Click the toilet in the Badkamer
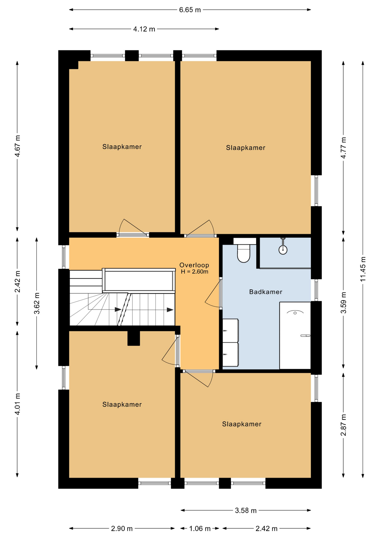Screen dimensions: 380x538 [x=243, y=253]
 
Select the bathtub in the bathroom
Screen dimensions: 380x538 [x=295, y=335]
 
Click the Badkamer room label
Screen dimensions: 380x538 [x=266, y=292]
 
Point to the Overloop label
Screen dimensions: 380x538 [x=194, y=265]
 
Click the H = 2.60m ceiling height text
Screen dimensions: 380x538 [x=194, y=272]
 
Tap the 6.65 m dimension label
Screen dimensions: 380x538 [x=190, y=10]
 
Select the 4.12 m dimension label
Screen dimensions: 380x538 [x=144, y=29]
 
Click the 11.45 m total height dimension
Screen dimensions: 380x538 [x=363, y=269]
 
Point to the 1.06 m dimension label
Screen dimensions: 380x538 [x=200, y=528]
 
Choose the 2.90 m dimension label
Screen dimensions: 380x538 [x=122, y=528]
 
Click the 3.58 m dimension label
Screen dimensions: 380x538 [x=246, y=511]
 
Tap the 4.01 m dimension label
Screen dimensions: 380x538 [x=17, y=404]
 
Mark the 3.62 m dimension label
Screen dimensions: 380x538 [x=37, y=303]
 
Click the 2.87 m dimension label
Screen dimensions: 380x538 [x=343, y=425]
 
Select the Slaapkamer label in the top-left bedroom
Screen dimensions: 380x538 [x=122, y=147]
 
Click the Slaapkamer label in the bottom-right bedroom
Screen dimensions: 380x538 [x=242, y=424]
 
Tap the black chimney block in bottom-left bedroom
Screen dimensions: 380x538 [x=134, y=338]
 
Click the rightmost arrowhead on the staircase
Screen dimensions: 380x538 [x=170, y=310]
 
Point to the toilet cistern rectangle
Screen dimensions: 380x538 [x=245, y=241]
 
